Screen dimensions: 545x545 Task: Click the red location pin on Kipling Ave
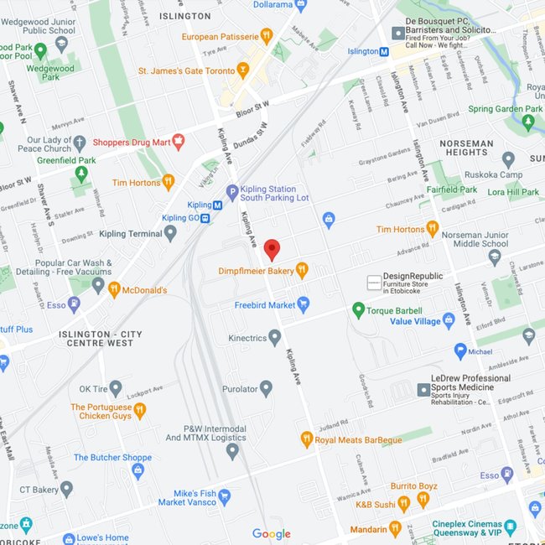coord(272,249)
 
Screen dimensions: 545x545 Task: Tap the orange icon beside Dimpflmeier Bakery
coord(302,270)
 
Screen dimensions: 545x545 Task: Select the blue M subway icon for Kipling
coord(216,205)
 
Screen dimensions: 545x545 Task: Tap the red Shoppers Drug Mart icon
coord(177,142)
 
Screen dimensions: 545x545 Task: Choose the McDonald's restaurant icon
coord(114,290)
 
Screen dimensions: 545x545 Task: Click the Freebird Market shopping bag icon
coord(304,304)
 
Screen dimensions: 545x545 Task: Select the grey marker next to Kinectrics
coord(274,338)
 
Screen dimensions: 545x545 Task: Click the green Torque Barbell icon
coord(359,311)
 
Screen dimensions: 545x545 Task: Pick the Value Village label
coord(415,321)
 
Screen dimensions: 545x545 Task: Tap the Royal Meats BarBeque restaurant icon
coord(307,439)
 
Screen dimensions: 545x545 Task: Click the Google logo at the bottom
coord(272,534)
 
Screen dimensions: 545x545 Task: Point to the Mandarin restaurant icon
coord(394,528)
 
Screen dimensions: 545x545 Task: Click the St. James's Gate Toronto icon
coord(243,70)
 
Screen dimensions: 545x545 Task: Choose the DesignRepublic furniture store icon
coord(374,282)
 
